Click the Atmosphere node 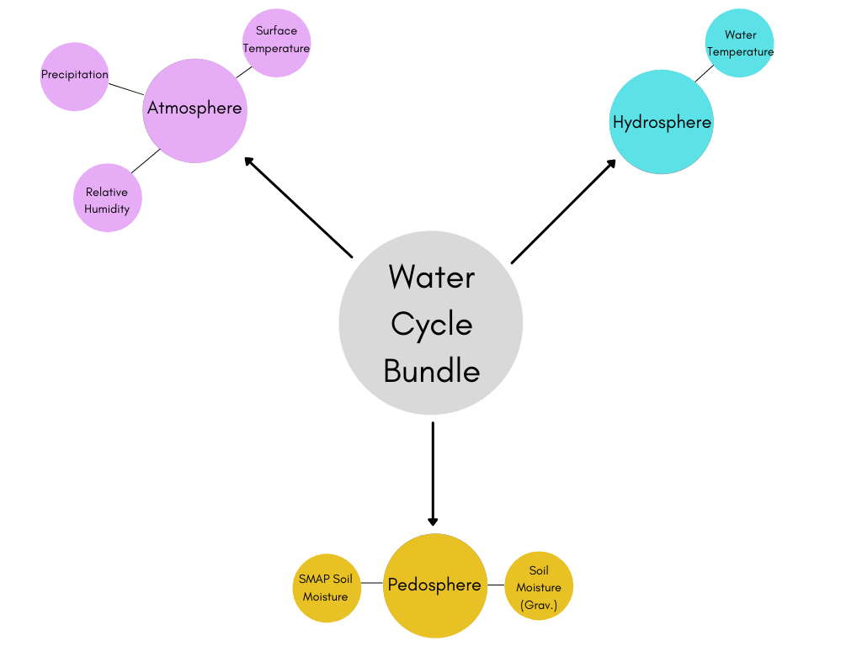(194, 110)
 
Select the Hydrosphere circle (662, 122)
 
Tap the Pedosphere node (435, 585)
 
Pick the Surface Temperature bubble (276, 42)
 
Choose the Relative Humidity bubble (107, 199)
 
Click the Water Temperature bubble (739, 43)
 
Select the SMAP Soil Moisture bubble (326, 588)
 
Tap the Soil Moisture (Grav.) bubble (539, 586)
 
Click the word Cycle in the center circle (431, 325)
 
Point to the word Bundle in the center (431, 371)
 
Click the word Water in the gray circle (431, 278)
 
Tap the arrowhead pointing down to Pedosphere (433, 520)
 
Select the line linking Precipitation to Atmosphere (126, 88)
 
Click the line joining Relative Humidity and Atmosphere (146, 161)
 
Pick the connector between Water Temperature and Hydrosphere (704, 73)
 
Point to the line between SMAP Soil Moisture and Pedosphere (372, 583)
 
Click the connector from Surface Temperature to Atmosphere (243, 71)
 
